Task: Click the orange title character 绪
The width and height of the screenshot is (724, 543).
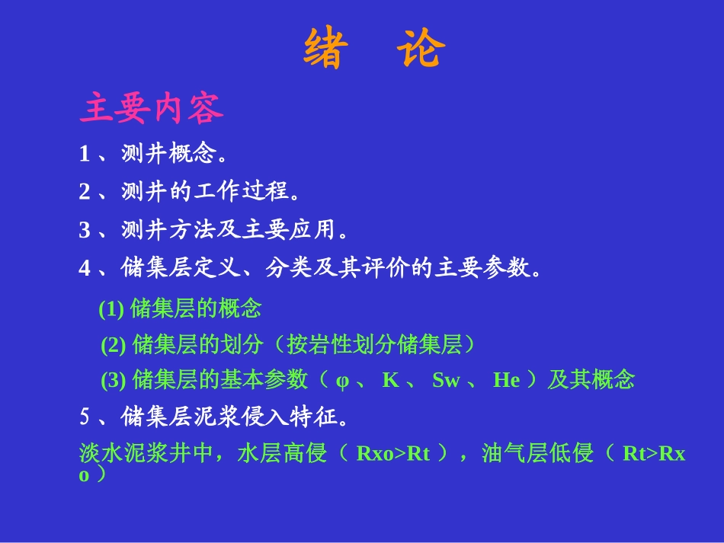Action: tap(325, 48)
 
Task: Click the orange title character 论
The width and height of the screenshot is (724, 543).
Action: tap(421, 48)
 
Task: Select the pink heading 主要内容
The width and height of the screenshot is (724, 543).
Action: tap(152, 108)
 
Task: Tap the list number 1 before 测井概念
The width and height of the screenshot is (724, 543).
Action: tap(85, 154)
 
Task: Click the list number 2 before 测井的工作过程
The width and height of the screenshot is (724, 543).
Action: tap(85, 191)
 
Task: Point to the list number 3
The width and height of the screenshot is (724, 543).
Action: tap(85, 230)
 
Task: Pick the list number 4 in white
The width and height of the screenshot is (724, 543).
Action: tap(85, 268)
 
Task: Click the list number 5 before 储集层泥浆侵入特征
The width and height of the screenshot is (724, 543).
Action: tap(85, 417)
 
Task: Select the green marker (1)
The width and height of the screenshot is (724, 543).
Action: tap(111, 308)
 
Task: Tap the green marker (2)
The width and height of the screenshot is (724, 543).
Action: tap(113, 345)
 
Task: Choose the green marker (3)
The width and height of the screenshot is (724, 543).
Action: tap(113, 380)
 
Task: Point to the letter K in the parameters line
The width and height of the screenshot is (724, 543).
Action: tap(391, 380)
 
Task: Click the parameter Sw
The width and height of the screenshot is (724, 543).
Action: tap(446, 380)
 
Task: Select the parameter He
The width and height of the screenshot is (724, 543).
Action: tap(507, 380)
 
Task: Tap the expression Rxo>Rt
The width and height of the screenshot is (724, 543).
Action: tap(393, 453)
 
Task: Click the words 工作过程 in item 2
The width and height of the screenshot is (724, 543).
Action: tap(242, 191)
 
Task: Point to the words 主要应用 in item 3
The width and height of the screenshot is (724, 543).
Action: tap(290, 229)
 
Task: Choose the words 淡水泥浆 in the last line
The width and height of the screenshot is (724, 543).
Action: tap(123, 453)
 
